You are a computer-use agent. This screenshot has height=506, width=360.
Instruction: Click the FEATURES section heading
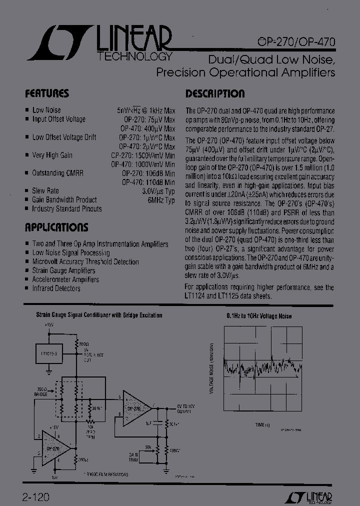pyautogui.click(x=47, y=93)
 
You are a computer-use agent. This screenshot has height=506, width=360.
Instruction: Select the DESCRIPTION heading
pyautogui.click(x=215, y=93)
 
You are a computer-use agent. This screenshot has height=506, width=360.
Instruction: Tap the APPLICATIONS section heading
pyautogui.click(x=56, y=227)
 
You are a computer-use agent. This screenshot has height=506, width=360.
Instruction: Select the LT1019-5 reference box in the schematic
pyautogui.click(x=48, y=353)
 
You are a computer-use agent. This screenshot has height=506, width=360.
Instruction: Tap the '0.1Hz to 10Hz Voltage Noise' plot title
pyautogui.click(x=258, y=316)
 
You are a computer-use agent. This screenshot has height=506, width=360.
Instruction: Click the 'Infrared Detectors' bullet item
pyautogui.click(x=56, y=288)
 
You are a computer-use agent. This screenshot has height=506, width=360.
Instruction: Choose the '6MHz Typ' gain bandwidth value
pyautogui.click(x=161, y=200)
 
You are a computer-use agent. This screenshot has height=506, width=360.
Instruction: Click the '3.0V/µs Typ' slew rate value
pyautogui.click(x=158, y=191)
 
